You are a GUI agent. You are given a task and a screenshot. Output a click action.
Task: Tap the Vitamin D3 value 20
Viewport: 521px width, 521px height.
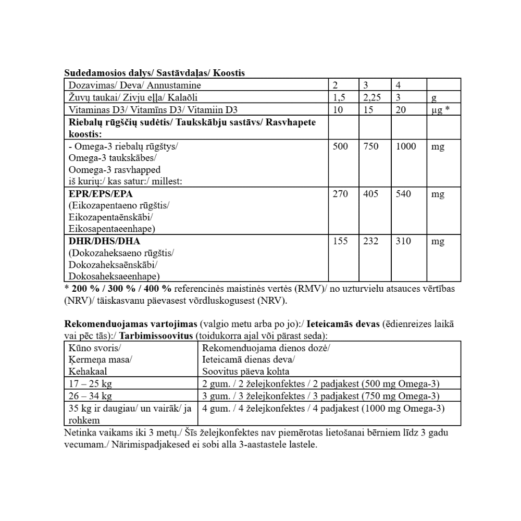pos(402,110)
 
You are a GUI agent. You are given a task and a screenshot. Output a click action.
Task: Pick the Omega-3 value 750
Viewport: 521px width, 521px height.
pos(371,147)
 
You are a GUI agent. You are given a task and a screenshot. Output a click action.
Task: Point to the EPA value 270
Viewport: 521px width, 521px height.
pos(340,194)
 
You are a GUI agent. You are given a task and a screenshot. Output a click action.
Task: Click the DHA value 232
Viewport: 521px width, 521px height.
pos(371,241)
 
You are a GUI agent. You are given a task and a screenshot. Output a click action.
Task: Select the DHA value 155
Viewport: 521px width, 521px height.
pos(340,241)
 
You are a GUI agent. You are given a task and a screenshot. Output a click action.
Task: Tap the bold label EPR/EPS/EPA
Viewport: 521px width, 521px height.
pos(97,194)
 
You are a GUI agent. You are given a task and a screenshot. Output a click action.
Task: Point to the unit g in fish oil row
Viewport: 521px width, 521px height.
pos(434,98)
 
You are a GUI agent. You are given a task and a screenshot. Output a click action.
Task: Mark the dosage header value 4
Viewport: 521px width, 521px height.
pos(399,85)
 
